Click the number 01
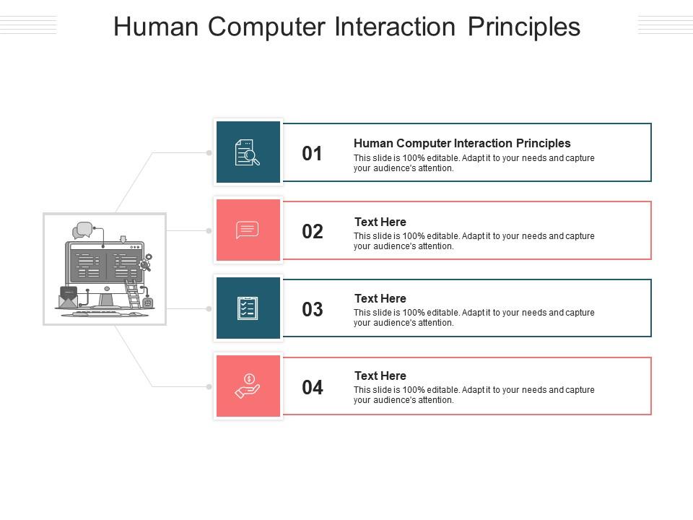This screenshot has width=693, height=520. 312,153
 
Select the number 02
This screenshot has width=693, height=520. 313,232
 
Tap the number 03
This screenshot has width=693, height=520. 313,310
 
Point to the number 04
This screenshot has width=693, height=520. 313,387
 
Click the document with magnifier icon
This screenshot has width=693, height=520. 247,152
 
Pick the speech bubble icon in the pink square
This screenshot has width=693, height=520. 247,230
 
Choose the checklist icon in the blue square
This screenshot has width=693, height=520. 248,308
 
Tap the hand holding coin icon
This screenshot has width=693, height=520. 248,386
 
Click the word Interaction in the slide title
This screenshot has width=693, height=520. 395,27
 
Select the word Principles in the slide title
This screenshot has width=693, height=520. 524,27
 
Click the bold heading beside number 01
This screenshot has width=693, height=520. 462,143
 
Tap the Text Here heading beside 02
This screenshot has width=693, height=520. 380,222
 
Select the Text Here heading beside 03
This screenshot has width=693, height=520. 380,298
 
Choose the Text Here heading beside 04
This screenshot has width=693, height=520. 380,376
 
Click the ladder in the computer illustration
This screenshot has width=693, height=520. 132,293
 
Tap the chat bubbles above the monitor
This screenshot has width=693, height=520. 82,230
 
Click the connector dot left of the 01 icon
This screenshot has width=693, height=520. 209,153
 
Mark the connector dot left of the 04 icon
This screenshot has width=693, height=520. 209,387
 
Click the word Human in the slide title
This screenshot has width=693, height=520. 156,27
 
